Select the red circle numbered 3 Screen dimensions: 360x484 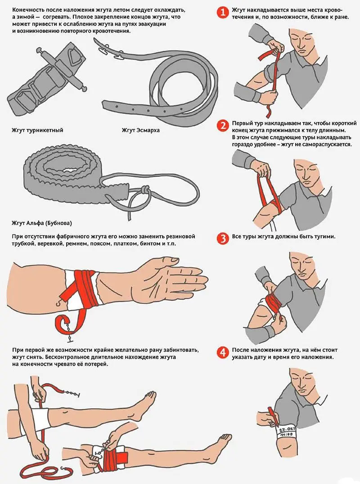[222, 238]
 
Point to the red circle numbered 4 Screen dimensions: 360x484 [222, 352]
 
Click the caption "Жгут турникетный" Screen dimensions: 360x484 [37, 130]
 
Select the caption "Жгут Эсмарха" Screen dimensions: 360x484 [141, 130]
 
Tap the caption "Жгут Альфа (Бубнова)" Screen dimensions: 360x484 [42, 223]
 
